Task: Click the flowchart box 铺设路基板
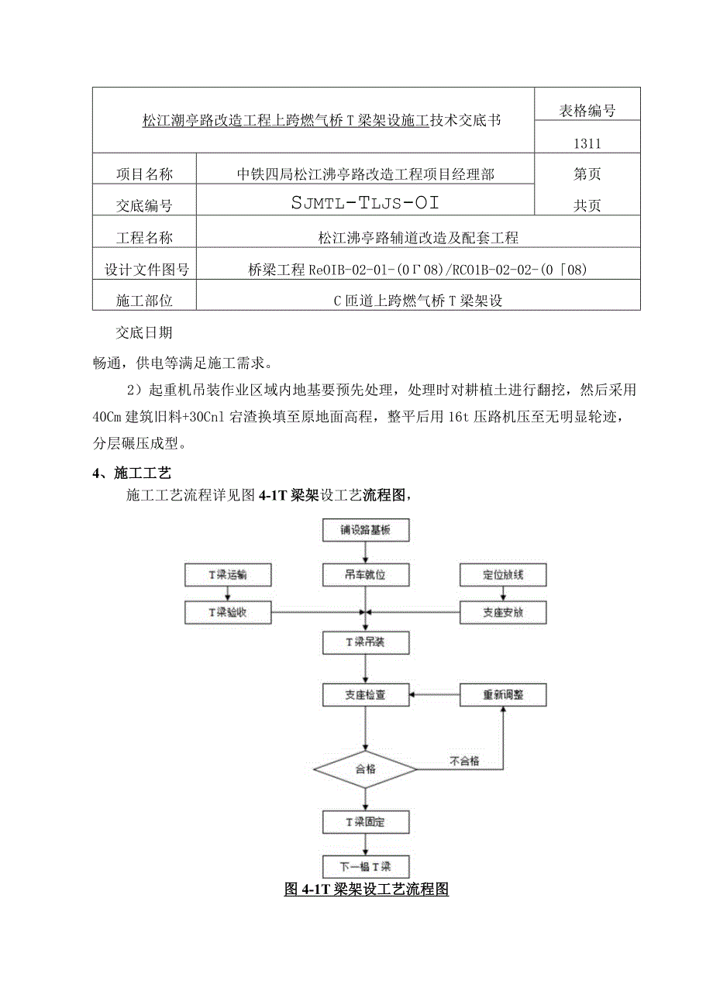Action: click(x=365, y=531)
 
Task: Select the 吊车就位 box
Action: click(x=365, y=575)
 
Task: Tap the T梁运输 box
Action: click(x=228, y=575)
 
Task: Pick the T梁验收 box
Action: click(x=228, y=612)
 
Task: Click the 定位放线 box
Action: click(x=503, y=575)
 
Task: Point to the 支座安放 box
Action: click(x=503, y=612)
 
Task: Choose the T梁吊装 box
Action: click(x=365, y=642)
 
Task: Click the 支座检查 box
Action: click(x=365, y=694)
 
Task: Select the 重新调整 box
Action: click(x=503, y=694)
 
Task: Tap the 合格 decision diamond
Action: click(x=365, y=769)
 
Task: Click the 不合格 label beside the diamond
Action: click(x=464, y=761)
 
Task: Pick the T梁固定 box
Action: click(x=365, y=821)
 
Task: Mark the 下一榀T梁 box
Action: click(x=365, y=865)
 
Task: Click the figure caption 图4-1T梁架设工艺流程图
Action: click(x=367, y=889)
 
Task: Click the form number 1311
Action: click(x=587, y=143)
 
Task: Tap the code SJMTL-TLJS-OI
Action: click(x=366, y=204)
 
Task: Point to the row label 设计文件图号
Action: click(x=146, y=270)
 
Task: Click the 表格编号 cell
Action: click(x=587, y=111)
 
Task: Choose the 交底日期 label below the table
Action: click(x=144, y=333)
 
